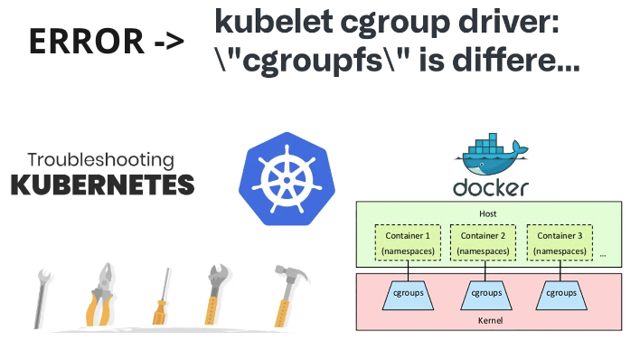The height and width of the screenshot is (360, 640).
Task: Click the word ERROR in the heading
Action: pyautogui.click(x=85, y=41)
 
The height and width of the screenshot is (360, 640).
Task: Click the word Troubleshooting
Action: pyautogui.click(x=100, y=161)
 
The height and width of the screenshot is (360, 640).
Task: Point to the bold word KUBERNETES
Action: pyautogui.click(x=102, y=185)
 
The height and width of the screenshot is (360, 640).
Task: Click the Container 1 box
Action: pyautogui.click(x=409, y=242)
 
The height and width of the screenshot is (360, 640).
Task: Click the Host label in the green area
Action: pyautogui.click(x=487, y=214)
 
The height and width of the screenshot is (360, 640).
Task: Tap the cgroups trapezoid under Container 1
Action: pyautogui.click(x=409, y=293)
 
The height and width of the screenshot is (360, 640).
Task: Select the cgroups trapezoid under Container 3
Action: pyautogui.click(x=561, y=293)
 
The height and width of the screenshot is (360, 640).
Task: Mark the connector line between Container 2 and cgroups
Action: pyautogui.click(x=485, y=270)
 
